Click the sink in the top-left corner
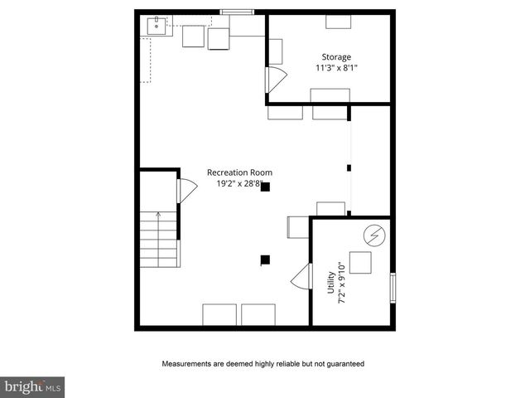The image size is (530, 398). tap(156, 26)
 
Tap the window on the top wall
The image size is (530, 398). tap(235, 12)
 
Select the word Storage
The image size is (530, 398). tap(337, 57)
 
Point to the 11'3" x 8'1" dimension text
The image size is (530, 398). tap(337, 68)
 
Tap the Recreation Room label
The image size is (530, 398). tap(239, 172)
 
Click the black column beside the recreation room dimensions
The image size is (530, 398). tap(265, 187)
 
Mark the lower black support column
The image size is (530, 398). tap(265, 260)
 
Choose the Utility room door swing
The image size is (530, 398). tap(300, 279)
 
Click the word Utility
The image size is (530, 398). tap(331, 281)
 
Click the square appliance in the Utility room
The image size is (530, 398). tap(360, 263)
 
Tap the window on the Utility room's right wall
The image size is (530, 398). tap(393, 287)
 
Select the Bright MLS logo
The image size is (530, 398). tap(33, 386)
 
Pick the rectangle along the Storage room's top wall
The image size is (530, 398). tap(337, 22)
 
